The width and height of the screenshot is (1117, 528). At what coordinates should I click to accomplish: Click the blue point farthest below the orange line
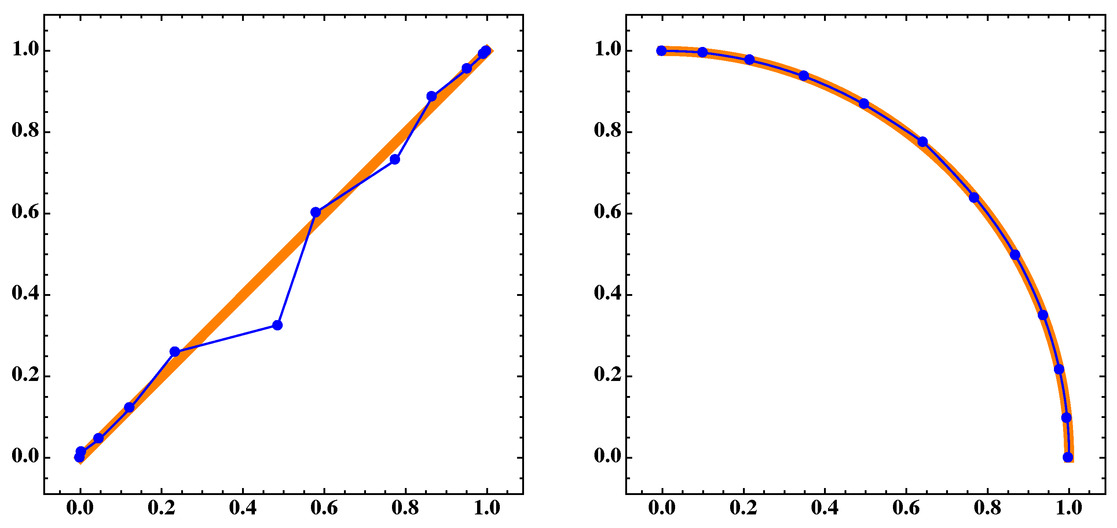278,325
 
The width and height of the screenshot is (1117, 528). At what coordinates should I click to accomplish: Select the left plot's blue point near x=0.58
316,212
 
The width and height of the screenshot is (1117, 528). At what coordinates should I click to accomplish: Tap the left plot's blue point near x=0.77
395,159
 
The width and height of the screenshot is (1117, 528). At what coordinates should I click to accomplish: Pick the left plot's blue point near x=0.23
175,352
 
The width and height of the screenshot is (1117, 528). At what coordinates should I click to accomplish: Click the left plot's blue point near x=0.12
129,407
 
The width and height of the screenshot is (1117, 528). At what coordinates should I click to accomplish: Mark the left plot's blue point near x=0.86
432,96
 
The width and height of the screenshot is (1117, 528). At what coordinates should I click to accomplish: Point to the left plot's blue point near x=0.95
466,69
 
